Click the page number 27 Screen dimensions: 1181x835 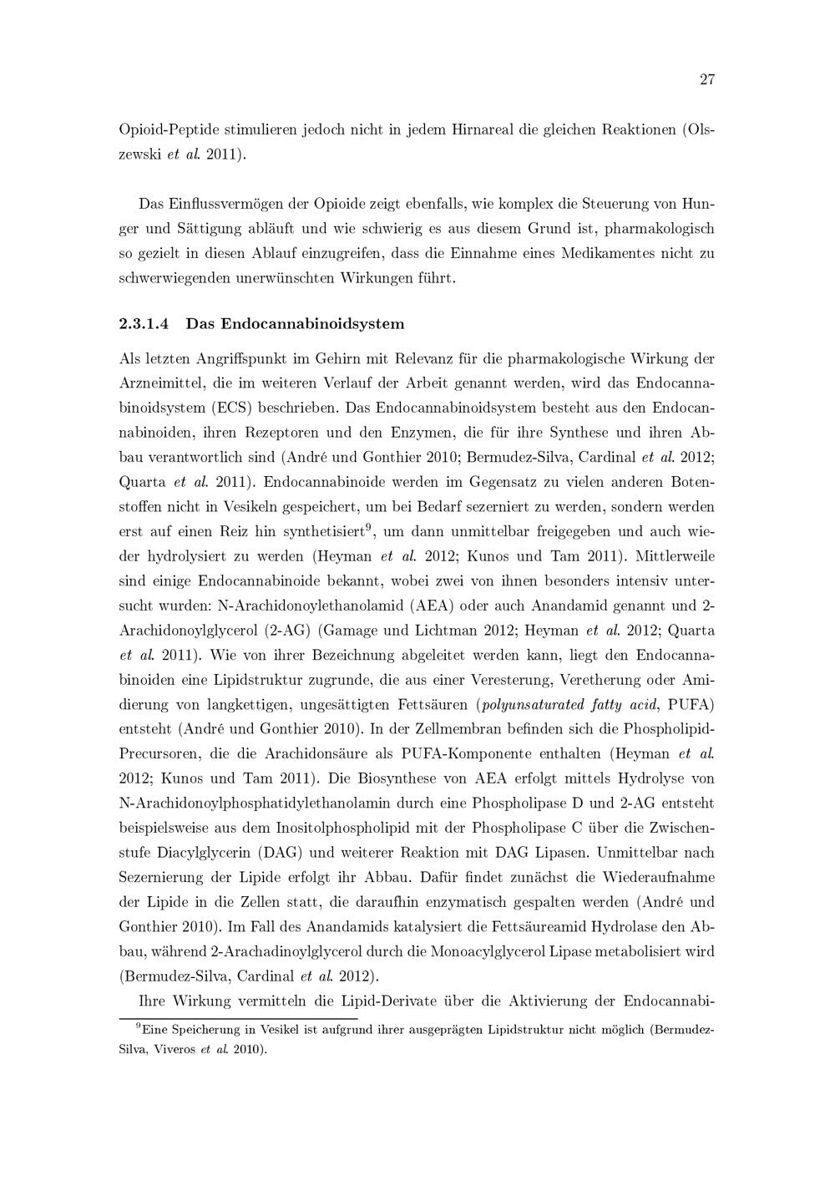click(706, 80)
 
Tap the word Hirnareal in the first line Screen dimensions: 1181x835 click(480, 131)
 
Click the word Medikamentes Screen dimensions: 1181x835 click(611, 252)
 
